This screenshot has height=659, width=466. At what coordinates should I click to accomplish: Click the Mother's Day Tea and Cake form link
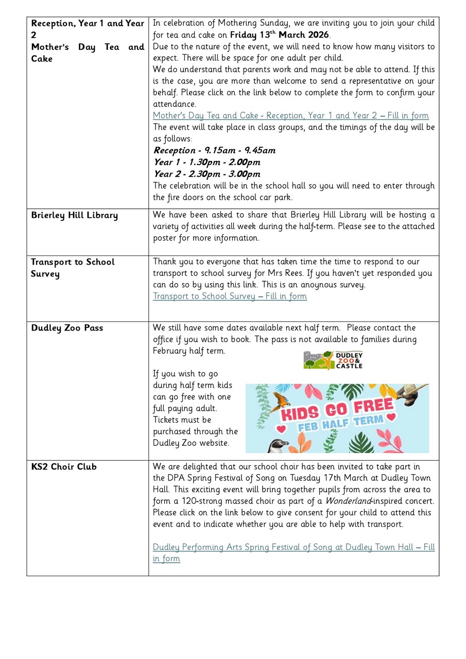pyautogui.click(x=290, y=116)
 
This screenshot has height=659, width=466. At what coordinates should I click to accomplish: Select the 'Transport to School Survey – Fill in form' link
pyautogui.click(x=230, y=297)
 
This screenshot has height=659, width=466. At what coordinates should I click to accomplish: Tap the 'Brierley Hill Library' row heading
pyautogui.click(x=74, y=215)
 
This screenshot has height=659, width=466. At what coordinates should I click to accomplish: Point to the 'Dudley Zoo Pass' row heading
pyautogui.click(x=67, y=328)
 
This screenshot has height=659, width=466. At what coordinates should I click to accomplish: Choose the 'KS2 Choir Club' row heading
pyautogui.click(x=64, y=467)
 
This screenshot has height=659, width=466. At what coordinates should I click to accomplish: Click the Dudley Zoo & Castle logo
pyautogui.click(x=333, y=360)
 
